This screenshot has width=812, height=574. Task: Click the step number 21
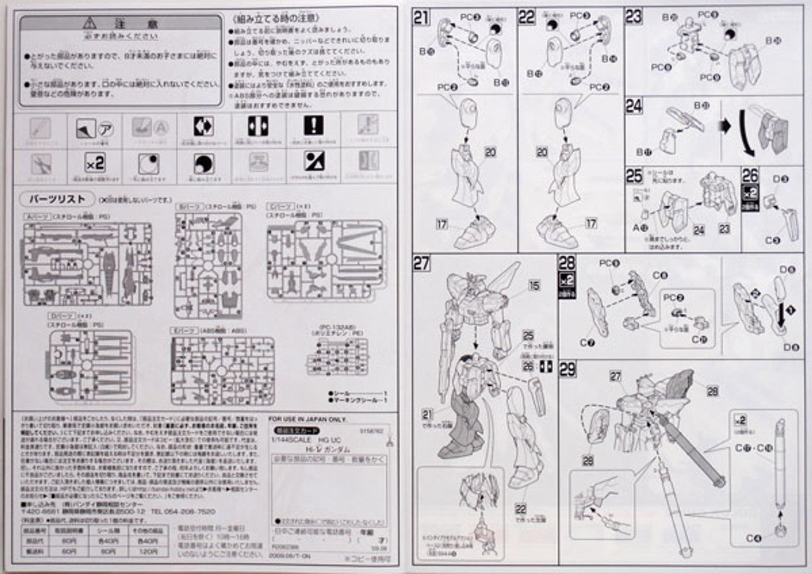click(422, 18)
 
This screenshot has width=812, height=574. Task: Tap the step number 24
click(634, 106)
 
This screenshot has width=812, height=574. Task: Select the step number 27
click(422, 263)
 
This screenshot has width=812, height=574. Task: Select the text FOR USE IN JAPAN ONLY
click(307, 419)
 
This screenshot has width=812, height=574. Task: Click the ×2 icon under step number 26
click(750, 192)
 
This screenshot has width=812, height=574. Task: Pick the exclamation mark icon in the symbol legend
click(313, 126)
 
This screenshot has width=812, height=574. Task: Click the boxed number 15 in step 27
click(534, 286)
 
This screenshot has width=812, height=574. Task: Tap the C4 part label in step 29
click(753, 538)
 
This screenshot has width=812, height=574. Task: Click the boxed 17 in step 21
click(443, 223)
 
